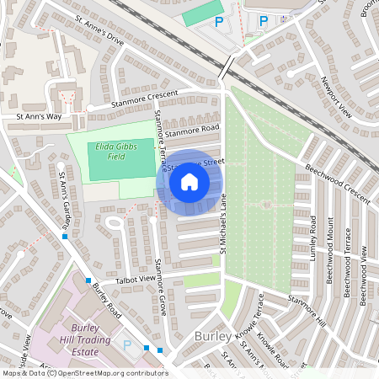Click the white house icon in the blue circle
click(189, 181)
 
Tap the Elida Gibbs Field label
click(110, 150)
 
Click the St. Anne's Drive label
click(99, 33)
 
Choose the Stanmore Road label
click(192, 131)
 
